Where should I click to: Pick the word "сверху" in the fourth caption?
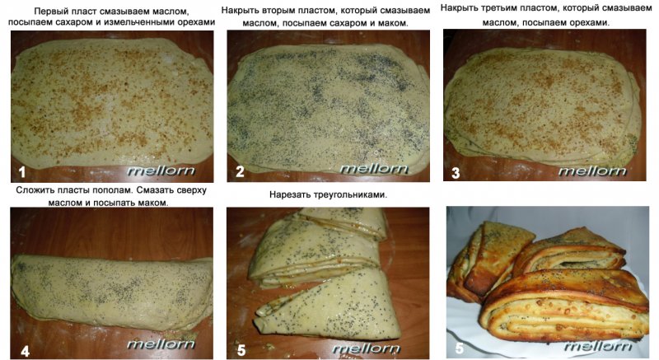[190, 190]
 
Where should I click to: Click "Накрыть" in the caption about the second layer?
[239, 10]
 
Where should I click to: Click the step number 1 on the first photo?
[22, 172]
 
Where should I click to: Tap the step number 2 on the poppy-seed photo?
[240, 172]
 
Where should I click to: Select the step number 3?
[456, 173]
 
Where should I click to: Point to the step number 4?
[26, 351]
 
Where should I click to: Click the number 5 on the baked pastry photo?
[460, 348]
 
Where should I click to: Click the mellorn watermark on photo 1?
[161, 171]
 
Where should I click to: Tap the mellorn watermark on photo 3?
[592, 171]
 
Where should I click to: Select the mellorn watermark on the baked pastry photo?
[598, 346]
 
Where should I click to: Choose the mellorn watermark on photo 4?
[161, 344]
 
